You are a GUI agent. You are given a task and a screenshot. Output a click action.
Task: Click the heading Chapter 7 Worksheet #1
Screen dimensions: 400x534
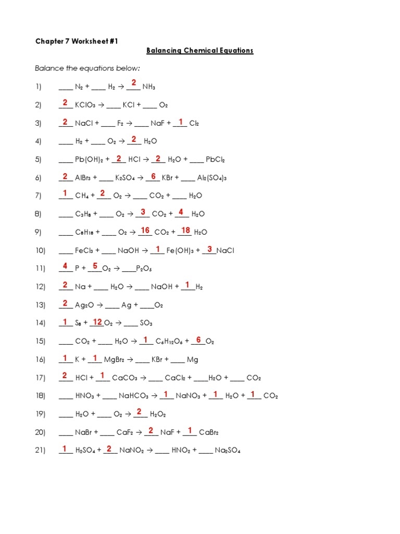pos(77,41)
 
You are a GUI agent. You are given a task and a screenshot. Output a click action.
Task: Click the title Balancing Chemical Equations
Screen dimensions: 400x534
pos(199,51)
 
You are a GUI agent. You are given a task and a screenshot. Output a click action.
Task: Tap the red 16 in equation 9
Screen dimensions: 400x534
pos(145,230)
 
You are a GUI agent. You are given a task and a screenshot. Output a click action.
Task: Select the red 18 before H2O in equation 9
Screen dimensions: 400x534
pos(185,230)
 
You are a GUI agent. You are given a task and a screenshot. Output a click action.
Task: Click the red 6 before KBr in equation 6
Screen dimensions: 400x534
pos(153,176)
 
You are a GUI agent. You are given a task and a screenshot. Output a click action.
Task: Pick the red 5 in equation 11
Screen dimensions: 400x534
pos(95,266)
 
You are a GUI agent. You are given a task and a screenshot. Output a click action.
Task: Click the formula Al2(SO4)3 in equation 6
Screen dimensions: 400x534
pos(212,178)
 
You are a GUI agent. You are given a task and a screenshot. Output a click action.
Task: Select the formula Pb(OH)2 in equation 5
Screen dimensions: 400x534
pos(93,160)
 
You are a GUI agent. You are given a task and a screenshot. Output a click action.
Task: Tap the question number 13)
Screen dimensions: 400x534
pos(41,305)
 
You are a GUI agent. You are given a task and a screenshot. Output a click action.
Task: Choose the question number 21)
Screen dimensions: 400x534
pos(41,451)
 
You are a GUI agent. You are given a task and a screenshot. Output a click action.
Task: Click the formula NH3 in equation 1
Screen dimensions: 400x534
pos(148,87)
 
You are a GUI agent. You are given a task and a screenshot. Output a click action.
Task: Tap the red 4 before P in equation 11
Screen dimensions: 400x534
pos(65,266)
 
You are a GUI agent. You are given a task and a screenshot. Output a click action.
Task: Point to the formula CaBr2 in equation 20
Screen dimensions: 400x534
pos(208,432)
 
